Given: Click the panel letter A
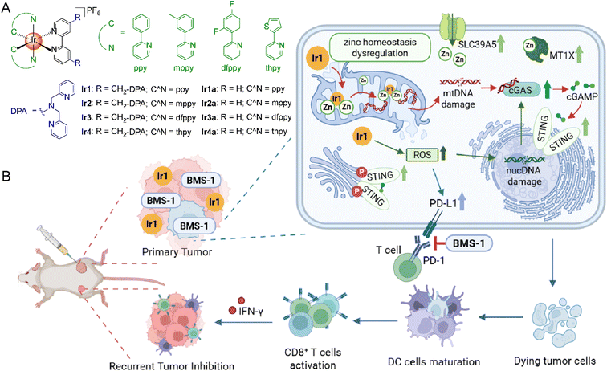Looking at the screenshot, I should [x=7, y=8].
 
